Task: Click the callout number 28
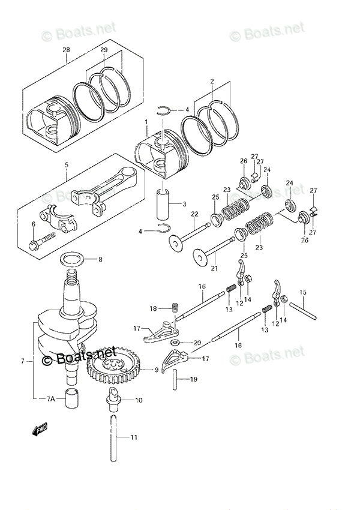66,50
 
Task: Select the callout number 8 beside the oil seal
101,260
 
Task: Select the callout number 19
194,380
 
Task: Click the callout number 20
198,343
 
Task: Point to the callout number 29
104,50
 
